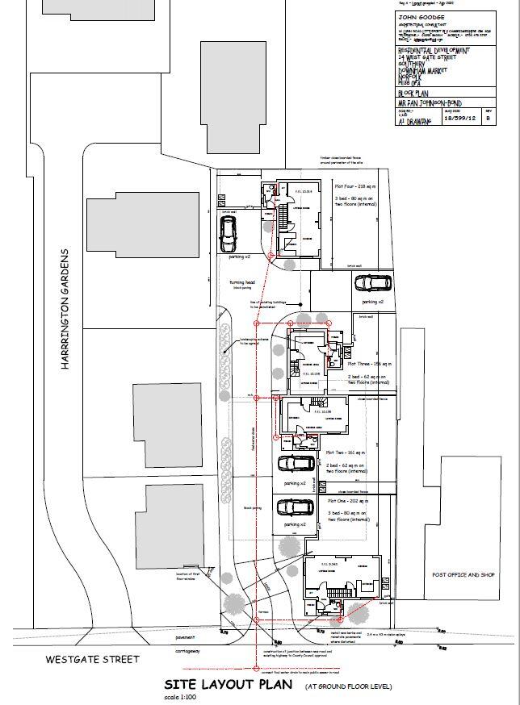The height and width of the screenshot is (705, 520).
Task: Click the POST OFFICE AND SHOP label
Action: tap(463, 575)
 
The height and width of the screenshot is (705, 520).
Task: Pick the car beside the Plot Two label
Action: tap(295, 464)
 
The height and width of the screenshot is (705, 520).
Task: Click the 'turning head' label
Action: tap(241, 282)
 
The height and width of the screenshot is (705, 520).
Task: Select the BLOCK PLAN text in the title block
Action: tap(414, 94)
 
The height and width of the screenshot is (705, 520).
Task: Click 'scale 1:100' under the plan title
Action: tap(180, 696)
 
